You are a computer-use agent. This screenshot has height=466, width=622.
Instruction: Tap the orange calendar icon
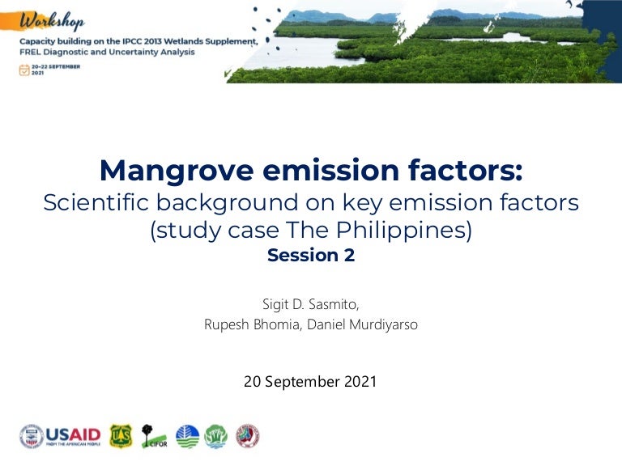point(23,70)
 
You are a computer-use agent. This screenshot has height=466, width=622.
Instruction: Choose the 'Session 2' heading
point(311,256)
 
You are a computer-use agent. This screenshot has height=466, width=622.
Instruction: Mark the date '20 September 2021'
point(311,381)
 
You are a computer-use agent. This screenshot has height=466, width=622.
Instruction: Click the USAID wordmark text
point(73,434)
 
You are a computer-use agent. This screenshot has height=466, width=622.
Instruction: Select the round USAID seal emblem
point(31,436)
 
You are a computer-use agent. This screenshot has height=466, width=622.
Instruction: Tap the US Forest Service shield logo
point(121,436)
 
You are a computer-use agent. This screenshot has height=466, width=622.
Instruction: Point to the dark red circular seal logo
point(247,436)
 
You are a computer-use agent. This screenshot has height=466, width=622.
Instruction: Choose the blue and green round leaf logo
point(187,436)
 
